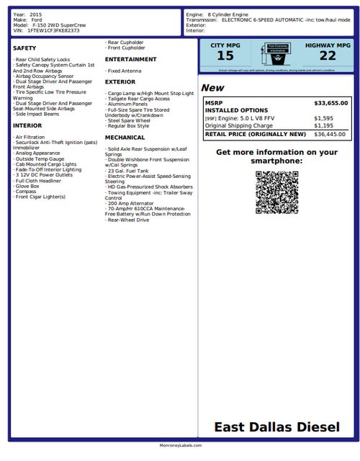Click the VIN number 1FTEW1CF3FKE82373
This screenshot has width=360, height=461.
(x=53, y=31)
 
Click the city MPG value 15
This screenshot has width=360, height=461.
(x=225, y=55)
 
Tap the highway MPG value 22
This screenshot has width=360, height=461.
(x=328, y=55)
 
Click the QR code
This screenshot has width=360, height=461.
(x=276, y=192)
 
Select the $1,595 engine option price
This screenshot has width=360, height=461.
(x=323, y=118)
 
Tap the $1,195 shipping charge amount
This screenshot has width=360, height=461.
(x=323, y=125)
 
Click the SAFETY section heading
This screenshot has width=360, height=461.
(x=24, y=48)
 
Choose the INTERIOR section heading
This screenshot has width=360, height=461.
(x=27, y=125)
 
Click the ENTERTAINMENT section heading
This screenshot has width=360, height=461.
(x=130, y=59)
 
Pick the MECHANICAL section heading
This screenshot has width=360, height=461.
(x=125, y=137)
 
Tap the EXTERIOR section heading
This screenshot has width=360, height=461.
(x=121, y=82)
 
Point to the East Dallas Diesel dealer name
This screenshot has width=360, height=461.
(x=276, y=427)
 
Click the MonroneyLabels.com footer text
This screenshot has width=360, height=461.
(x=180, y=446)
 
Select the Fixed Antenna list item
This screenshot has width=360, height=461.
(x=124, y=71)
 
